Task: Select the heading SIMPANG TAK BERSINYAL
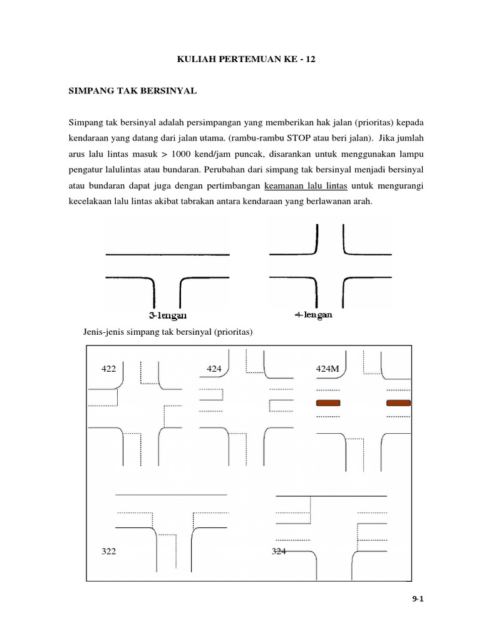click(132, 91)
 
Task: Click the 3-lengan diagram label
click(168, 315)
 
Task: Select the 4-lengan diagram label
click(313, 315)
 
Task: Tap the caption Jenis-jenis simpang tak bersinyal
click(167, 332)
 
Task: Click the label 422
click(109, 369)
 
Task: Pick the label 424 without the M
click(215, 369)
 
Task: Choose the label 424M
click(328, 369)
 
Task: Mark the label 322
click(109, 551)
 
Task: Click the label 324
click(279, 551)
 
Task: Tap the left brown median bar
click(328, 403)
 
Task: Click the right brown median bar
click(398, 403)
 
